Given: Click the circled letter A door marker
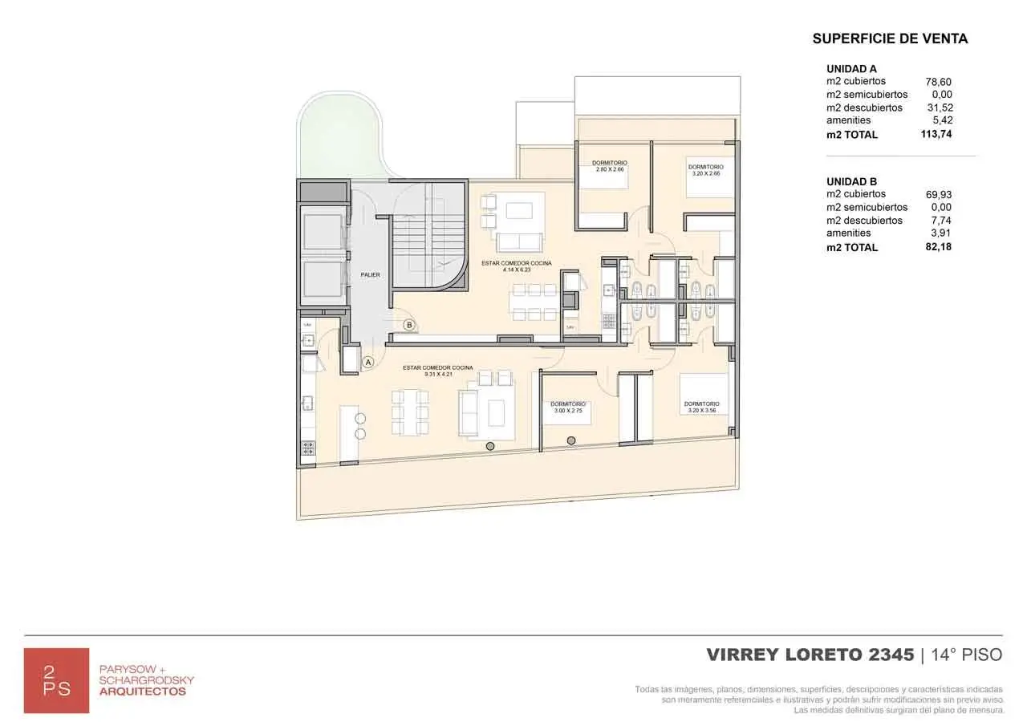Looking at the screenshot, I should (x=368, y=363).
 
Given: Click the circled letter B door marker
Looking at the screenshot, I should (x=409, y=325).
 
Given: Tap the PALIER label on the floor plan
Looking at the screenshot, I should (x=370, y=275).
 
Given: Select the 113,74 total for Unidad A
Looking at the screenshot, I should (x=936, y=134).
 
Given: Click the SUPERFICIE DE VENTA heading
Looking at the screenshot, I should (x=890, y=39).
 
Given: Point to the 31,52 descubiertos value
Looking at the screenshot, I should (x=939, y=107).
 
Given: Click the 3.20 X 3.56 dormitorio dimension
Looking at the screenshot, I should (x=701, y=411).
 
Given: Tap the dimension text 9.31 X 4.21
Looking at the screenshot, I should (x=437, y=374).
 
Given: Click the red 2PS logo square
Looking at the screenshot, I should (x=56, y=680).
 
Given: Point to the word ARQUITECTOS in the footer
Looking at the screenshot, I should (x=142, y=692).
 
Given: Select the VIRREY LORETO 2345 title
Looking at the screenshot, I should (x=810, y=655).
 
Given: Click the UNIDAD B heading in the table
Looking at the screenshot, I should (x=851, y=181).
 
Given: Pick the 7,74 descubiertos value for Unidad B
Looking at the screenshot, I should (x=940, y=221).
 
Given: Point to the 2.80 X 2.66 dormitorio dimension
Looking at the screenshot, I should (x=610, y=170).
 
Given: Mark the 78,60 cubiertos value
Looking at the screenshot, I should (x=938, y=82).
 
